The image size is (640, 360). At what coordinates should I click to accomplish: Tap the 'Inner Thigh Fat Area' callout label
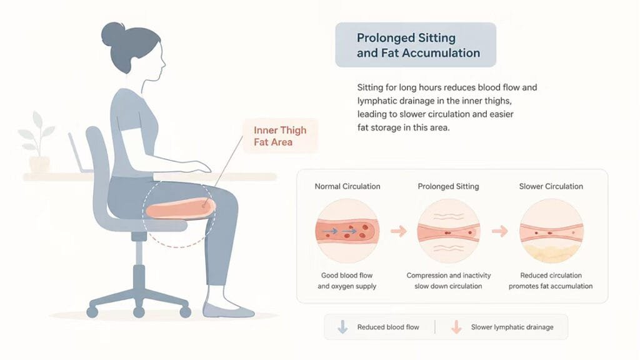coord(280,136)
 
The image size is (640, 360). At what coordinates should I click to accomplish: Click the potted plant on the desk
coord(37,142)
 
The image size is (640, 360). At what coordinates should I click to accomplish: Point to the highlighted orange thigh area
coord(181,209)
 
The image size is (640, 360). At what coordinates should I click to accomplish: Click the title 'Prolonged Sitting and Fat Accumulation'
coord(418,45)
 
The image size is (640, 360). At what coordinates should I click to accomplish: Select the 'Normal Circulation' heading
coord(347,186)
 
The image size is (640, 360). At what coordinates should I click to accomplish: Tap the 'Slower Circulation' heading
coord(551,186)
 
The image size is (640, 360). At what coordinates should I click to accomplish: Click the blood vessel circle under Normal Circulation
coord(347,231)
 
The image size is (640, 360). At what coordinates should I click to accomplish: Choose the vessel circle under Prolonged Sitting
coord(449,231)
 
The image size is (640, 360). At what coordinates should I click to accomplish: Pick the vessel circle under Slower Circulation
coord(551,231)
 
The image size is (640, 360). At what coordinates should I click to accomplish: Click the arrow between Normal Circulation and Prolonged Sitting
coord(398,231)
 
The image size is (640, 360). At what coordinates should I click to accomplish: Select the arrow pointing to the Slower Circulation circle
coord(499,231)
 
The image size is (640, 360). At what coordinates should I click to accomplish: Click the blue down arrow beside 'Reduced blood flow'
coord(342,327)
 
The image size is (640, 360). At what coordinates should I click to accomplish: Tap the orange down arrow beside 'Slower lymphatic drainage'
coord(456,327)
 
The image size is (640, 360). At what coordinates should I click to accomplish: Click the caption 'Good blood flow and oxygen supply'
coord(347,281)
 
